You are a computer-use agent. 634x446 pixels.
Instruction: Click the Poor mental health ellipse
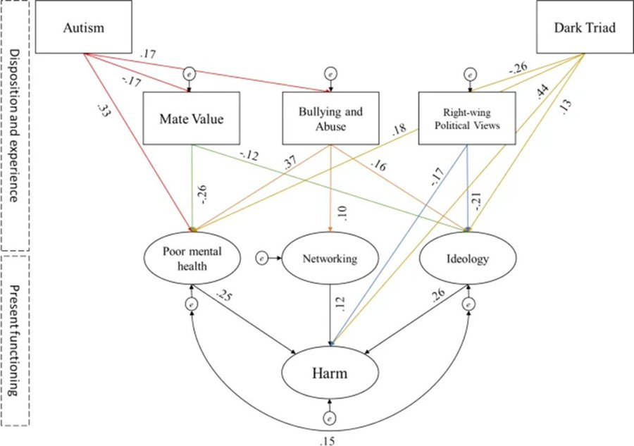[x=187, y=259]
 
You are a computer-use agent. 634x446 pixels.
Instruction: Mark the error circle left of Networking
[x=261, y=259]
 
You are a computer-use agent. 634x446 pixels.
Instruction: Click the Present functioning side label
[x=14, y=338]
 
